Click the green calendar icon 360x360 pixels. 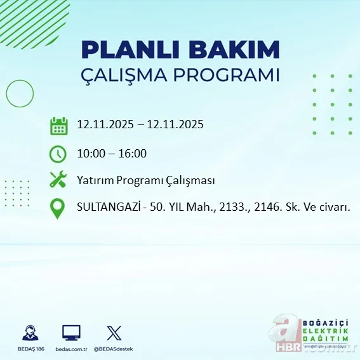[x=58, y=125]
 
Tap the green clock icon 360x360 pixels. [x=58, y=153]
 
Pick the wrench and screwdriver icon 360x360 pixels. [x=58, y=180]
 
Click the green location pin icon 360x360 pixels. [x=58, y=208]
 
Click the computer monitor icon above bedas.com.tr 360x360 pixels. [x=71, y=333]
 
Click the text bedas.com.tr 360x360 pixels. [x=71, y=349]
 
